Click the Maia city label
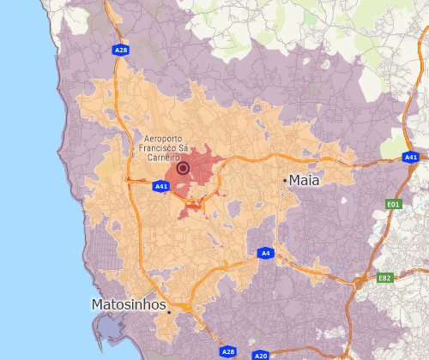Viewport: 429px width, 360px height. pyautogui.click(x=305, y=180)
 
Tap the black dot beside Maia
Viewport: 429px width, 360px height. pyautogui.click(x=285, y=180)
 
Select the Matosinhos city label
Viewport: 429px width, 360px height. pyautogui.click(x=129, y=304)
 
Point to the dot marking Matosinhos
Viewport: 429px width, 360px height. pyautogui.click(x=170, y=312)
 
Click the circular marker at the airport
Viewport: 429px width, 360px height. pyautogui.click(x=183, y=168)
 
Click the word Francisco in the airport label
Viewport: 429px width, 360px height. pyautogui.click(x=157, y=148)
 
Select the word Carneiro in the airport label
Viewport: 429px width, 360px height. pyautogui.click(x=163, y=158)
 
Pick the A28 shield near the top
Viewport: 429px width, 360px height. pyautogui.click(x=121, y=51)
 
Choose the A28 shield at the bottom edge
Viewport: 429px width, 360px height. pyautogui.click(x=227, y=351)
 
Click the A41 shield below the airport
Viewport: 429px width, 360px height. pyautogui.click(x=161, y=186)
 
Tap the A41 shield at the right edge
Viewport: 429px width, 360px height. pyautogui.click(x=411, y=158)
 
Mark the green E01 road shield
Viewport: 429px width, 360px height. pyautogui.click(x=394, y=204)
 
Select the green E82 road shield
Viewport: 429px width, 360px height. pyautogui.click(x=384, y=279)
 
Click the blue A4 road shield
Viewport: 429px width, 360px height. pyautogui.click(x=265, y=254)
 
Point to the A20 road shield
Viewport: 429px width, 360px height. pyautogui.click(x=261, y=355)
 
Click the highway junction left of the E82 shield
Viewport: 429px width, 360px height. pyautogui.click(x=359, y=281)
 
